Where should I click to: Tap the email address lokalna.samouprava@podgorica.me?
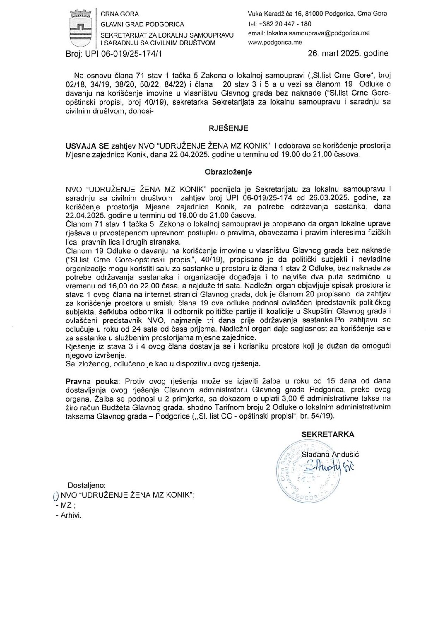[309, 33]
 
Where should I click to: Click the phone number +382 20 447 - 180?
[285, 24]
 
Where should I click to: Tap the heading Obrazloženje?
[228, 171]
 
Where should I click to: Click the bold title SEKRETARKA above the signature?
[327, 434]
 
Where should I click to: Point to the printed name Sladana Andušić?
[330, 454]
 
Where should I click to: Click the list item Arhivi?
[71, 516]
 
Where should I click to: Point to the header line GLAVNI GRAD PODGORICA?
[142, 24]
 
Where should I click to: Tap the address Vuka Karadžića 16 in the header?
[278, 14]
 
